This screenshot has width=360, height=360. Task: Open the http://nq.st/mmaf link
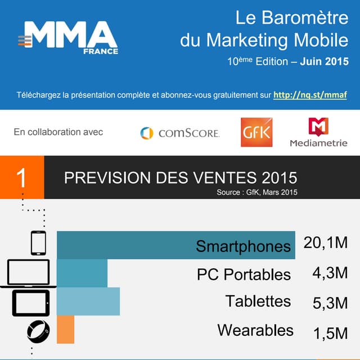[x=310, y=95]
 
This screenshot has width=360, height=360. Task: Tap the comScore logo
[x=179, y=133]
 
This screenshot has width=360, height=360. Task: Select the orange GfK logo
[x=256, y=132]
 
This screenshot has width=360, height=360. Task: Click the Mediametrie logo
[x=318, y=133]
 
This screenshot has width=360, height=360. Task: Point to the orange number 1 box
[x=21, y=178]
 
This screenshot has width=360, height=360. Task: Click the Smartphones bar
[x=176, y=245]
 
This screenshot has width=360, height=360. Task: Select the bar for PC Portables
[x=82, y=273]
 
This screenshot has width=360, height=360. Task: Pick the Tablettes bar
[x=88, y=301]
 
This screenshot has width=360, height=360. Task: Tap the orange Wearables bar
[x=65, y=330]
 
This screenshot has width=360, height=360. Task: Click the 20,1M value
[x=326, y=243]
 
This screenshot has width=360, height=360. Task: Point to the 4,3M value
[x=330, y=273]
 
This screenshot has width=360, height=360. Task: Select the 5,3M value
[x=330, y=303]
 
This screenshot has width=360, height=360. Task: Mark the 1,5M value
[x=330, y=333]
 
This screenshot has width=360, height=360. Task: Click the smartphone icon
[x=38, y=243]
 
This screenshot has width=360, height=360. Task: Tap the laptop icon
[x=28, y=273]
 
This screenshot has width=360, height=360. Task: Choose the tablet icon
[x=31, y=303]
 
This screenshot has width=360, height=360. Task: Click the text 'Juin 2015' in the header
[x=324, y=61]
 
